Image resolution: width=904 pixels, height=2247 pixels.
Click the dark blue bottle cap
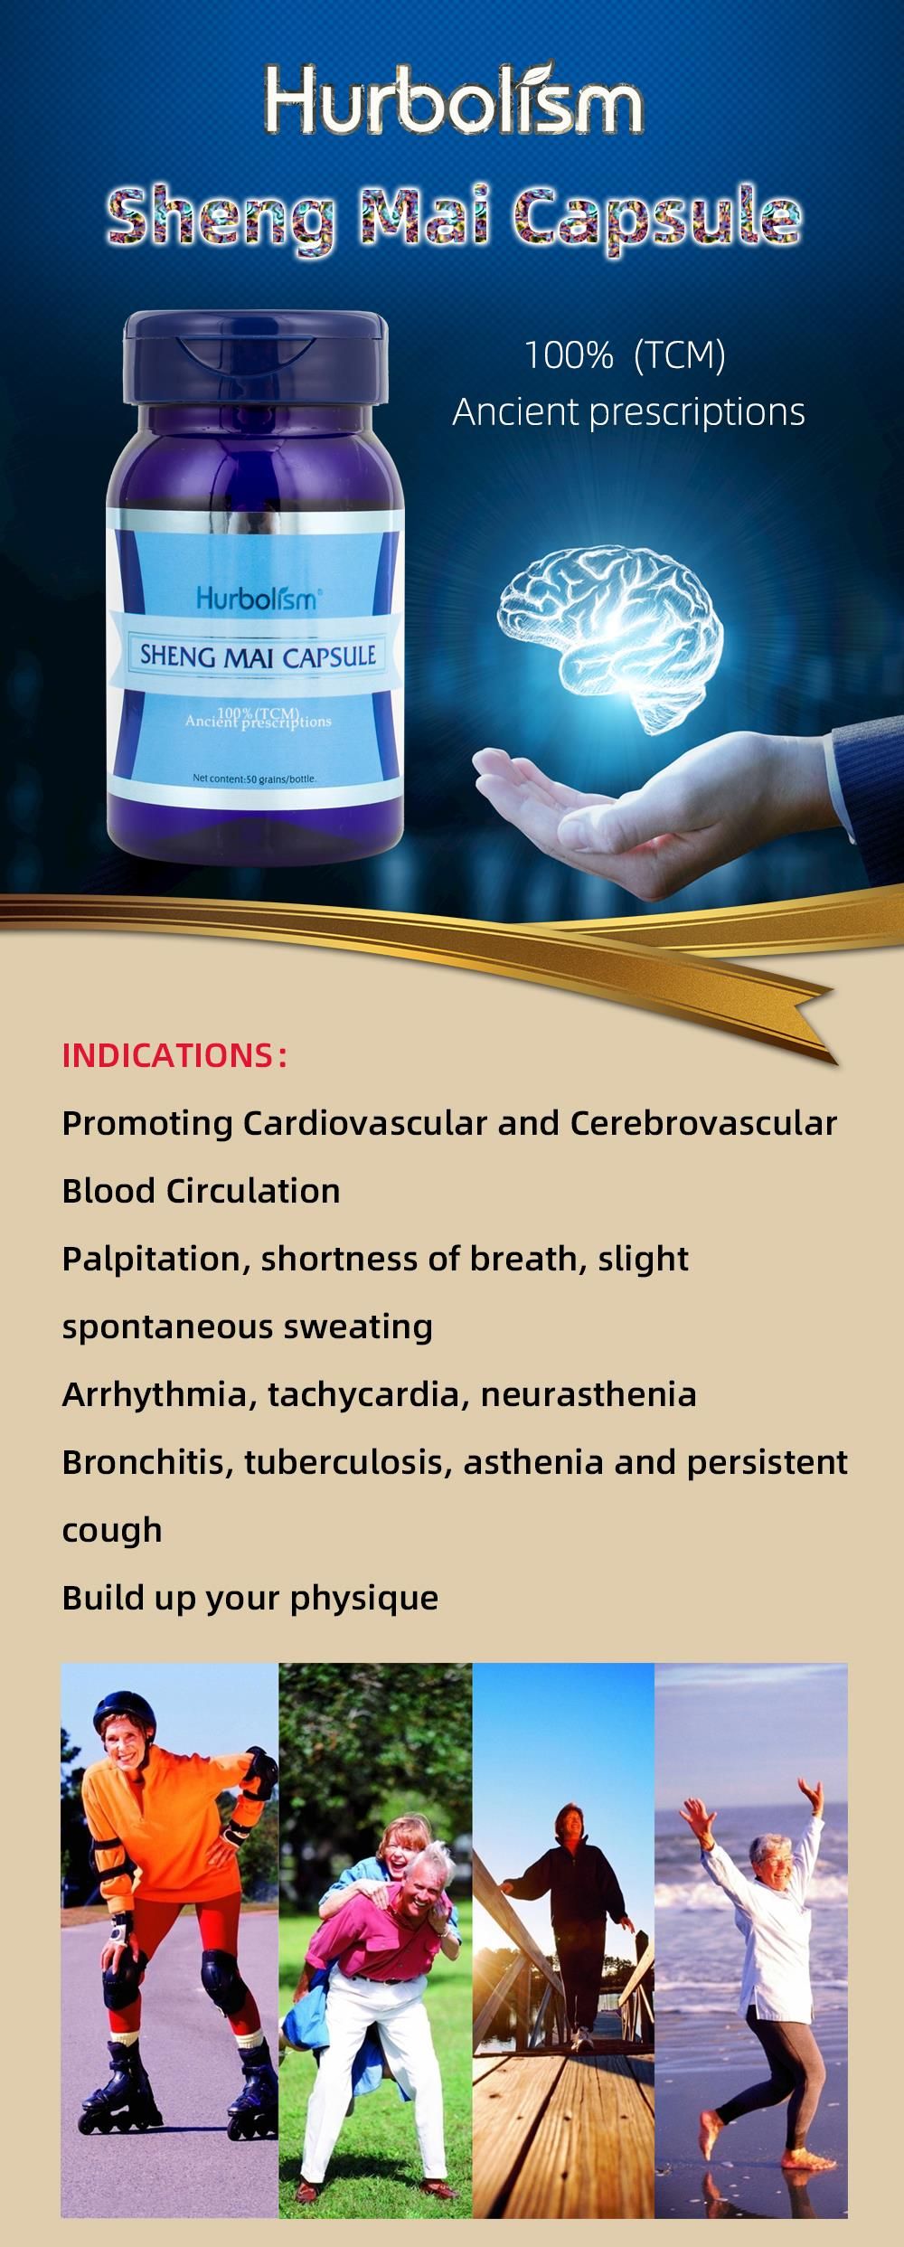(255, 358)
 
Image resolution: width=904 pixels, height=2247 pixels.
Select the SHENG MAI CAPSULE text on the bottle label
(258, 655)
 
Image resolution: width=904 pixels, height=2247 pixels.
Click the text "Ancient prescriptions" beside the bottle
(628, 412)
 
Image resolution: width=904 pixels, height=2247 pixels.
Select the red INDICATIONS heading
(174, 1055)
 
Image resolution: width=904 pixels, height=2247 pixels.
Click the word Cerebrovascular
(703, 1123)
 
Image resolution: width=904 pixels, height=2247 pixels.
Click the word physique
(364, 1599)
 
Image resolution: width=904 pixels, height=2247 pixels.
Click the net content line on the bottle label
(254, 778)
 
